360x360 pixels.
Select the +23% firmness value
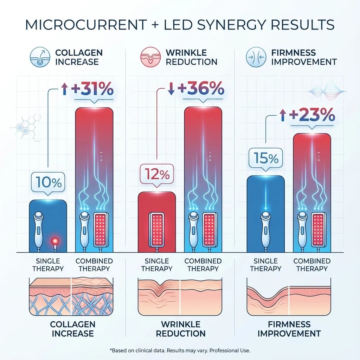click(x=311, y=115)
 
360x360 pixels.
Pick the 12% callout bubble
click(x=157, y=173)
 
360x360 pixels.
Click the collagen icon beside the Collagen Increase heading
click(x=39, y=57)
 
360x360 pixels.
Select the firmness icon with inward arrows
click(x=254, y=57)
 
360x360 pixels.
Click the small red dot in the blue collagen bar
click(x=54, y=241)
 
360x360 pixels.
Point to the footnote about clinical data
click(x=180, y=351)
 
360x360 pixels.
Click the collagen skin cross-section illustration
click(x=71, y=296)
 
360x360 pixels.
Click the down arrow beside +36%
click(x=171, y=90)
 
